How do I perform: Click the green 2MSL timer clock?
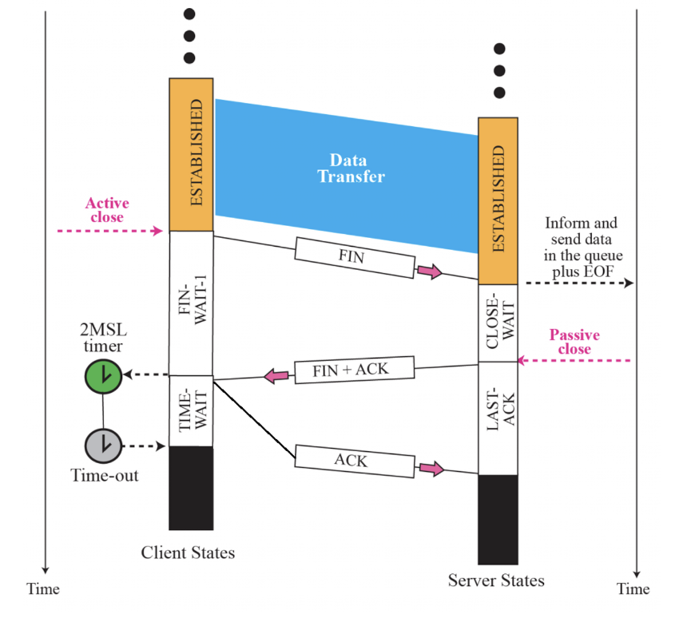point(103,374)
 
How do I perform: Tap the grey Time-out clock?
point(103,446)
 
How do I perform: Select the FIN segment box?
point(354,256)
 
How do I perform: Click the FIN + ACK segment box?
point(354,369)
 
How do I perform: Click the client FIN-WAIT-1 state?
point(191,304)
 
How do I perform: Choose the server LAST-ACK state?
point(498,418)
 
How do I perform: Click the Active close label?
point(107,210)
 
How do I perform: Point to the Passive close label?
point(574,342)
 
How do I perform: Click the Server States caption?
point(496,580)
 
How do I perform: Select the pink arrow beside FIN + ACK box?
point(277,374)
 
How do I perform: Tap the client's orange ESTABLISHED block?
point(191,154)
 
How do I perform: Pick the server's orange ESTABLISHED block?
point(498,199)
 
